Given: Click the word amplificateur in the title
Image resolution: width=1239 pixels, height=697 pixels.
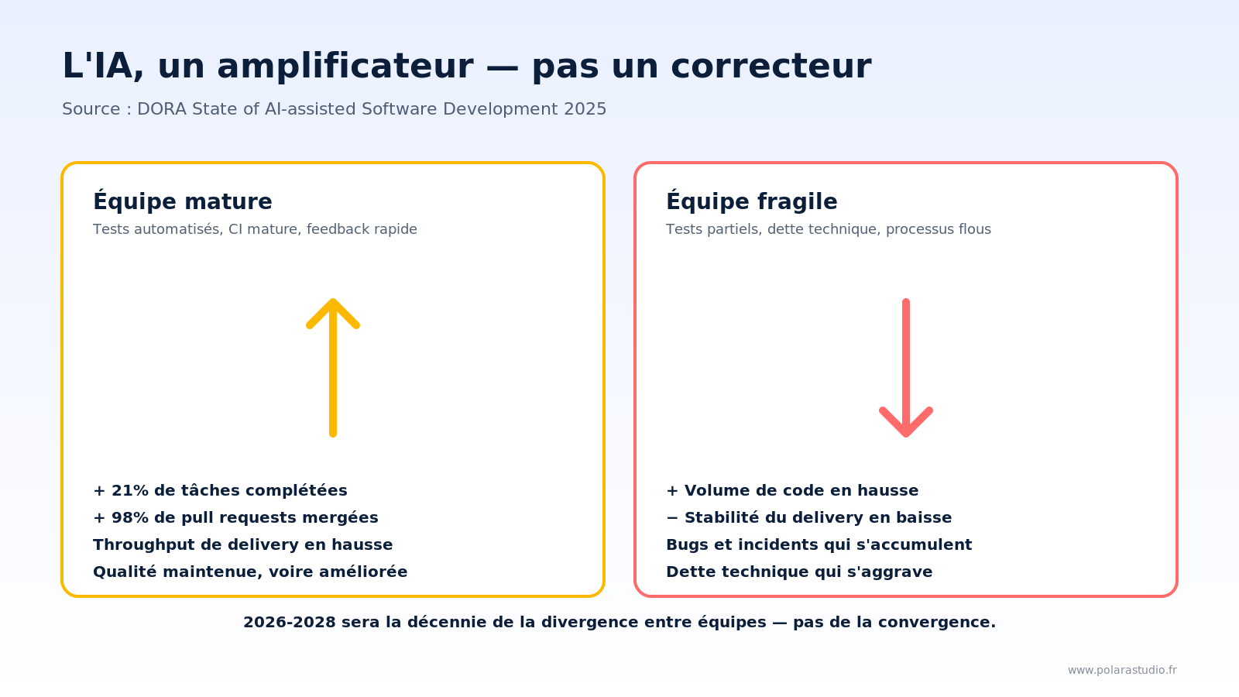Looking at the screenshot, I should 345,67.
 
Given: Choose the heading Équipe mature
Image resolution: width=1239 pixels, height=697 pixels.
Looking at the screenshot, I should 183,202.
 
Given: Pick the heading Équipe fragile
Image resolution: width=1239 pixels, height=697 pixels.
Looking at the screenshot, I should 751,202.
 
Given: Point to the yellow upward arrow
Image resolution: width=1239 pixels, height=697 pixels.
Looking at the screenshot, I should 333,367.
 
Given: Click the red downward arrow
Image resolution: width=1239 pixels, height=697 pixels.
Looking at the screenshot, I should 906,369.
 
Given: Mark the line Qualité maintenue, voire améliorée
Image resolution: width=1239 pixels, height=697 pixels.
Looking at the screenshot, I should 250,572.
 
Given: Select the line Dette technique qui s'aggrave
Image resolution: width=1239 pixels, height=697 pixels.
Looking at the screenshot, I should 799,572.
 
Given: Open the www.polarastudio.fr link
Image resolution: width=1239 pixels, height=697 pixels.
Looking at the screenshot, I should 1122,671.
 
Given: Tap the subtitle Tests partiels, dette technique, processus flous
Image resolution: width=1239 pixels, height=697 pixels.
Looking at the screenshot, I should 829,230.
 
